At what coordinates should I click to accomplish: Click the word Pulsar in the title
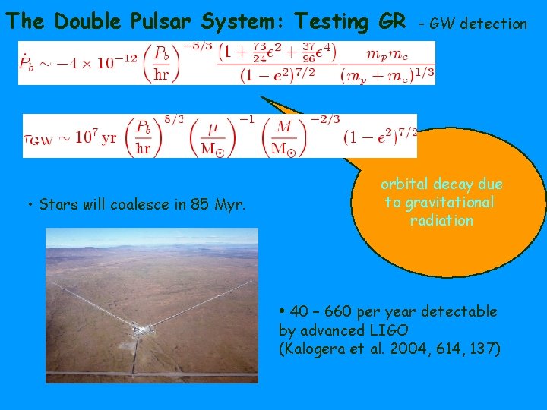pos(185,22)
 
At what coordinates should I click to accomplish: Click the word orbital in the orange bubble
pos(406,184)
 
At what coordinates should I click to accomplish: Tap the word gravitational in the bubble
pos(449,202)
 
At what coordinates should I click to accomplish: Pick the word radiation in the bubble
pos(441,220)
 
